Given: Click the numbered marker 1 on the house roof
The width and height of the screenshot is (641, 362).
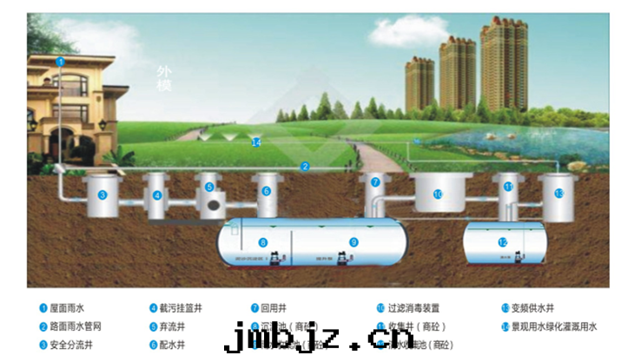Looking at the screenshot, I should pos(60,62).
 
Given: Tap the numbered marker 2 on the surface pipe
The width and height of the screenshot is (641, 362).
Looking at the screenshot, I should pos(305,166).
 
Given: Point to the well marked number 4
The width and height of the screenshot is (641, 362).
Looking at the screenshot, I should pos(157,195).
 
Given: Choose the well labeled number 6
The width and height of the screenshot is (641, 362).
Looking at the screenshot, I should pos(266,191).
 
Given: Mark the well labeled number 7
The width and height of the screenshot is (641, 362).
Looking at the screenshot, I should pos(375,182).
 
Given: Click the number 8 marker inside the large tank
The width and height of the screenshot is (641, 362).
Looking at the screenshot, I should pos(262,242).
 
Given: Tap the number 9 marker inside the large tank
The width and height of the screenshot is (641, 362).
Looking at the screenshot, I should pos(354,242).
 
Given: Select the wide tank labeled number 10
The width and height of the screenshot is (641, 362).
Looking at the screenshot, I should pos(438,194).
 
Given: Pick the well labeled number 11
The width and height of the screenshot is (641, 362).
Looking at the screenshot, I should pos(508,187).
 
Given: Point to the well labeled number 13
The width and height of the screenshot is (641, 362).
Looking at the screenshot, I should pos(558,193).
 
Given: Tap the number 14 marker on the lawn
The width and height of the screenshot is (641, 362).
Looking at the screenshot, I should pos(255,142).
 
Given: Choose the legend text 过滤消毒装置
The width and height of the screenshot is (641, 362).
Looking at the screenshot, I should pos(413,308).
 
